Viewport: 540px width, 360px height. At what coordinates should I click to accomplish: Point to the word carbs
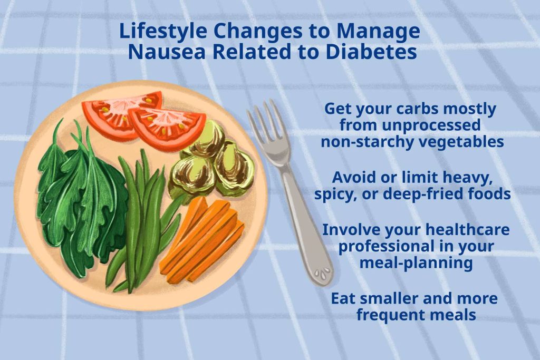coord(418,109)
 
